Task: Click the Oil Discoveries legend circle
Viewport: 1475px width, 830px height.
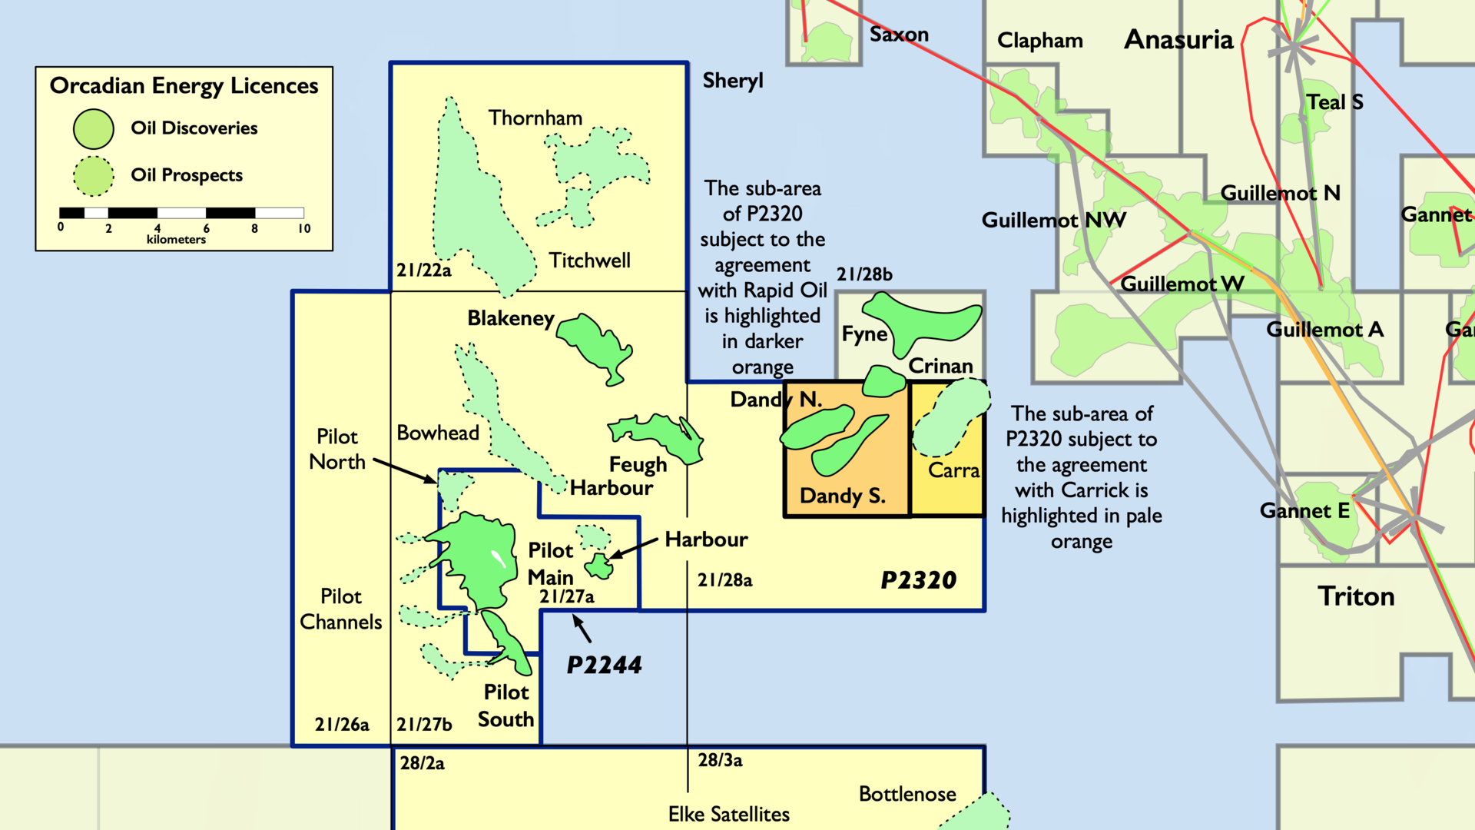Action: pos(94,128)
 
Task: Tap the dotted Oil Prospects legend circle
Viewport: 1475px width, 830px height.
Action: pos(94,176)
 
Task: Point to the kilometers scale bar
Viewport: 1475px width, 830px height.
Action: pos(181,213)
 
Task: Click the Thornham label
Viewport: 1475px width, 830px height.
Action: pos(535,118)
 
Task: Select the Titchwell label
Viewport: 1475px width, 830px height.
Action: pos(589,261)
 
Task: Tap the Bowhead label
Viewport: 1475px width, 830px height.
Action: pos(438,433)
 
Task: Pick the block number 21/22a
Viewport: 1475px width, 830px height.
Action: pos(424,270)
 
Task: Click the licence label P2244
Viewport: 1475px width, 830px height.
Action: pos(604,665)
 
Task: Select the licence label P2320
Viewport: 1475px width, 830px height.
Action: pos(918,580)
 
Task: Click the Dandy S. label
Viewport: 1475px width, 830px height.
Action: pos(843,496)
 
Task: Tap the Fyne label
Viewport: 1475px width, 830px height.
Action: pos(864,334)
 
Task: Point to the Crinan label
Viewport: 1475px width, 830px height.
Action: pos(940,366)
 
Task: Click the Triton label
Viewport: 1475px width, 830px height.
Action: pos(1356,596)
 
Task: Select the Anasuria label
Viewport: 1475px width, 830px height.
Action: pos(1178,39)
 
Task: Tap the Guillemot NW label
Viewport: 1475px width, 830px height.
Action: pos(1054,221)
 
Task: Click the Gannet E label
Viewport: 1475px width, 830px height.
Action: pos(1304,510)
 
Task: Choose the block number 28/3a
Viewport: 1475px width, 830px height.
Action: pos(720,760)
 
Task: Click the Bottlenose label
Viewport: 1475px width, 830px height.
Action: pos(907,794)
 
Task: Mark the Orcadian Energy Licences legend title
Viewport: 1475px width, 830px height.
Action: pos(184,86)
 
